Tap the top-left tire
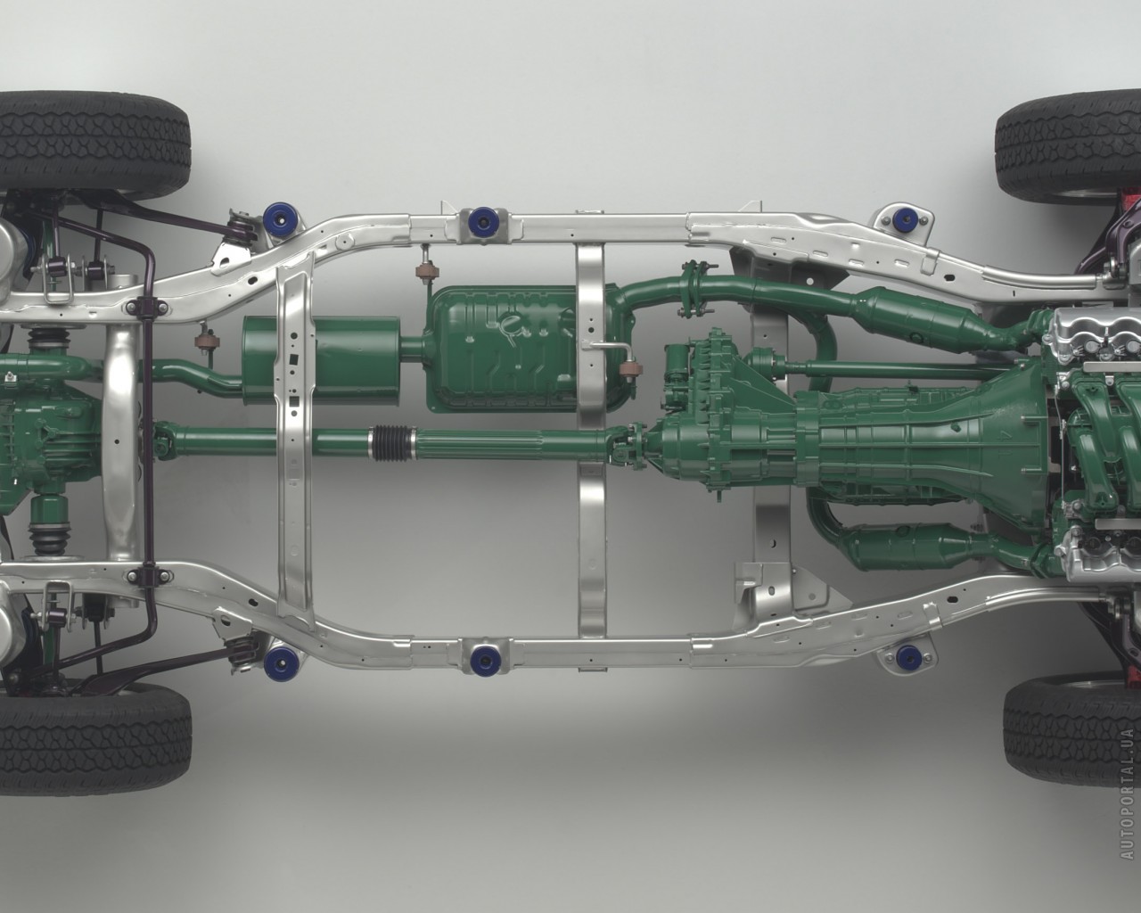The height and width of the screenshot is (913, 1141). tap(94, 144)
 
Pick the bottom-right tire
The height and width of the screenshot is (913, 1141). tap(1071, 739)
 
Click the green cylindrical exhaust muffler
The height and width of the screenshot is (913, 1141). tap(321, 361)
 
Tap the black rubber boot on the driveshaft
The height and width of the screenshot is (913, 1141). tap(390, 442)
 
